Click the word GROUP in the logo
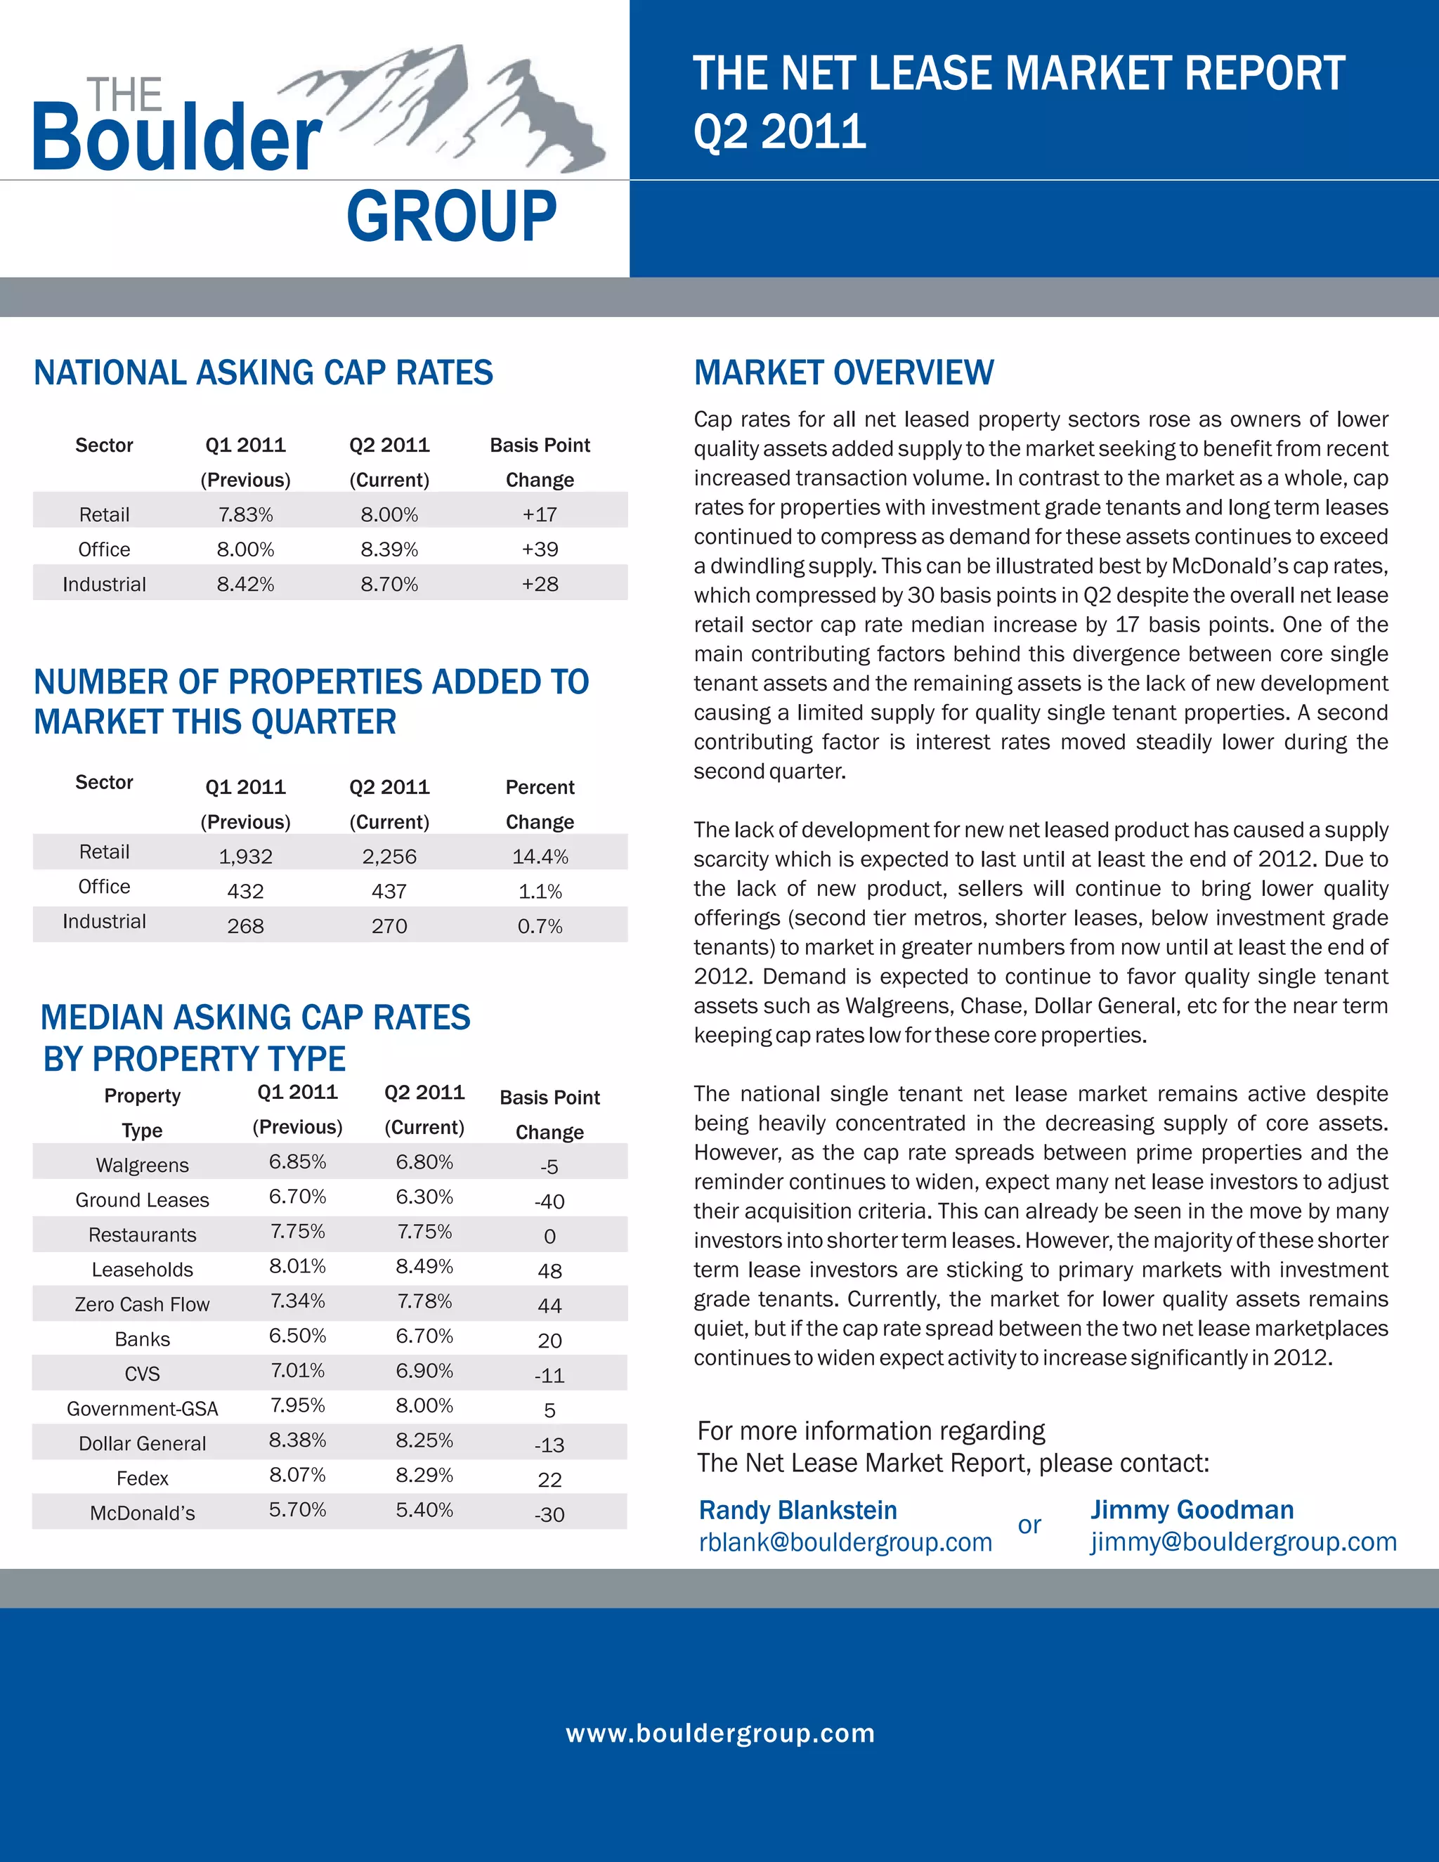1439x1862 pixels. (x=451, y=216)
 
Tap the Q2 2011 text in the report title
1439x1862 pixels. (x=779, y=132)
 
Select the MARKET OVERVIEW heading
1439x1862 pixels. (x=843, y=372)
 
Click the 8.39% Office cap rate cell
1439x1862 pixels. (x=389, y=549)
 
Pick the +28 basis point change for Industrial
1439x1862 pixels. (x=540, y=584)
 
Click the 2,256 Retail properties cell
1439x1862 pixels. (x=389, y=856)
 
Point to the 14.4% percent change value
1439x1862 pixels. (x=540, y=856)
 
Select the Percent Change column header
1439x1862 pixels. (x=540, y=804)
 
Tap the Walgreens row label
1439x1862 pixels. (x=143, y=1164)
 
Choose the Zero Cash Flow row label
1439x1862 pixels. (x=143, y=1304)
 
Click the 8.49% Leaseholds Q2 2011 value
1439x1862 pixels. (x=424, y=1266)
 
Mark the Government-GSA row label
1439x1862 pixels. (x=143, y=1408)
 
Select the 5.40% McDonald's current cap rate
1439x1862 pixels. (x=424, y=1509)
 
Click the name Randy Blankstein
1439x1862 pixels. (x=798, y=1510)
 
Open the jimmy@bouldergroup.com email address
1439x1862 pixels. (x=1243, y=1542)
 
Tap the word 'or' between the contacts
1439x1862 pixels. (x=1029, y=1525)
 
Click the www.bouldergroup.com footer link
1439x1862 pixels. (x=719, y=1733)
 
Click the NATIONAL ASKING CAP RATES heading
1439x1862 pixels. (x=263, y=372)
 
